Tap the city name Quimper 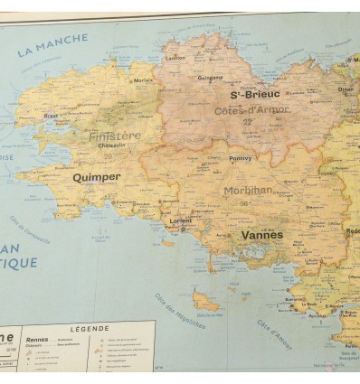click(x=96, y=177)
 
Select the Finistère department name click(x=116, y=136)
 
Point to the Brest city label click(x=51, y=116)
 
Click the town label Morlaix click(x=143, y=80)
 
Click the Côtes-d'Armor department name click(x=252, y=110)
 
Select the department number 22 click(x=247, y=122)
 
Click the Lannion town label click(x=175, y=57)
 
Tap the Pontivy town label click(x=240, y=158)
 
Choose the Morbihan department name click(x=248, y=191)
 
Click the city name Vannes click(x=261, y=235)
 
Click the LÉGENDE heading click(x=90, y=329)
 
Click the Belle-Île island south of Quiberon click(x=205, y=302)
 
